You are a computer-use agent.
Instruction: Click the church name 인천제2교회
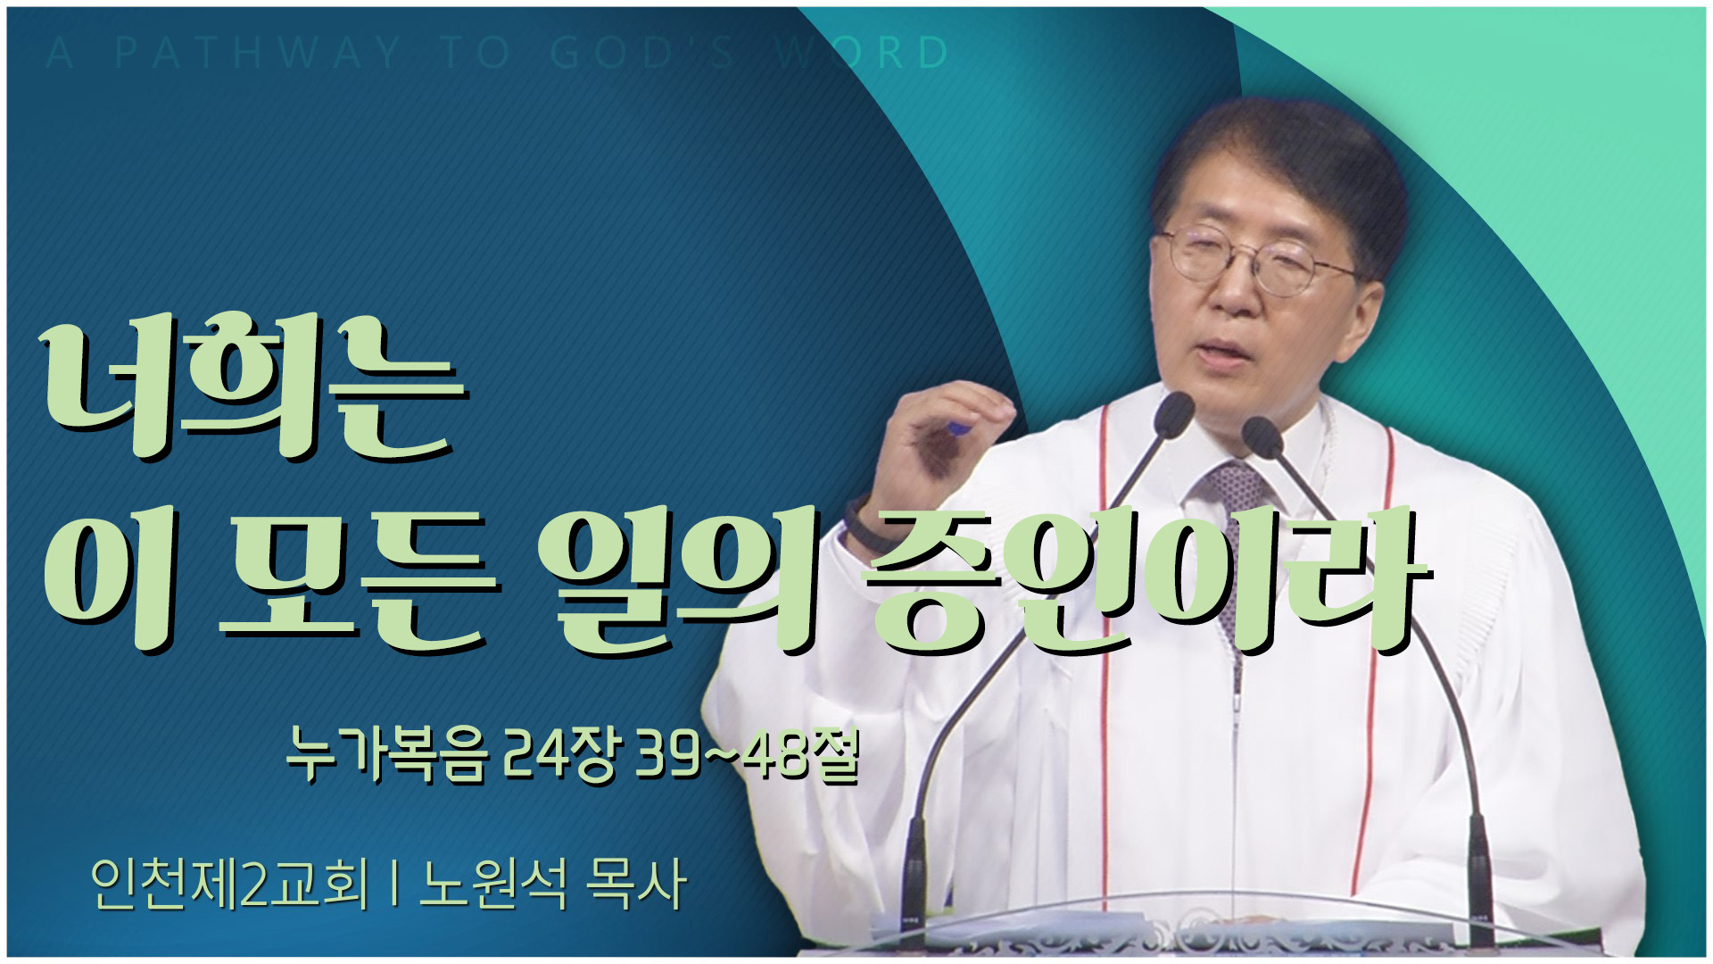tap(230, 884)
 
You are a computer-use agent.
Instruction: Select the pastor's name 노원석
tap(493, 884)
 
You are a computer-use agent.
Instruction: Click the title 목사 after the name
tap(635, 884)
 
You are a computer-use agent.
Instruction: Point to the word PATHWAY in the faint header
tap(259, 54)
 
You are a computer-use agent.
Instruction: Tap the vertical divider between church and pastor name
tap(393, 884)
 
